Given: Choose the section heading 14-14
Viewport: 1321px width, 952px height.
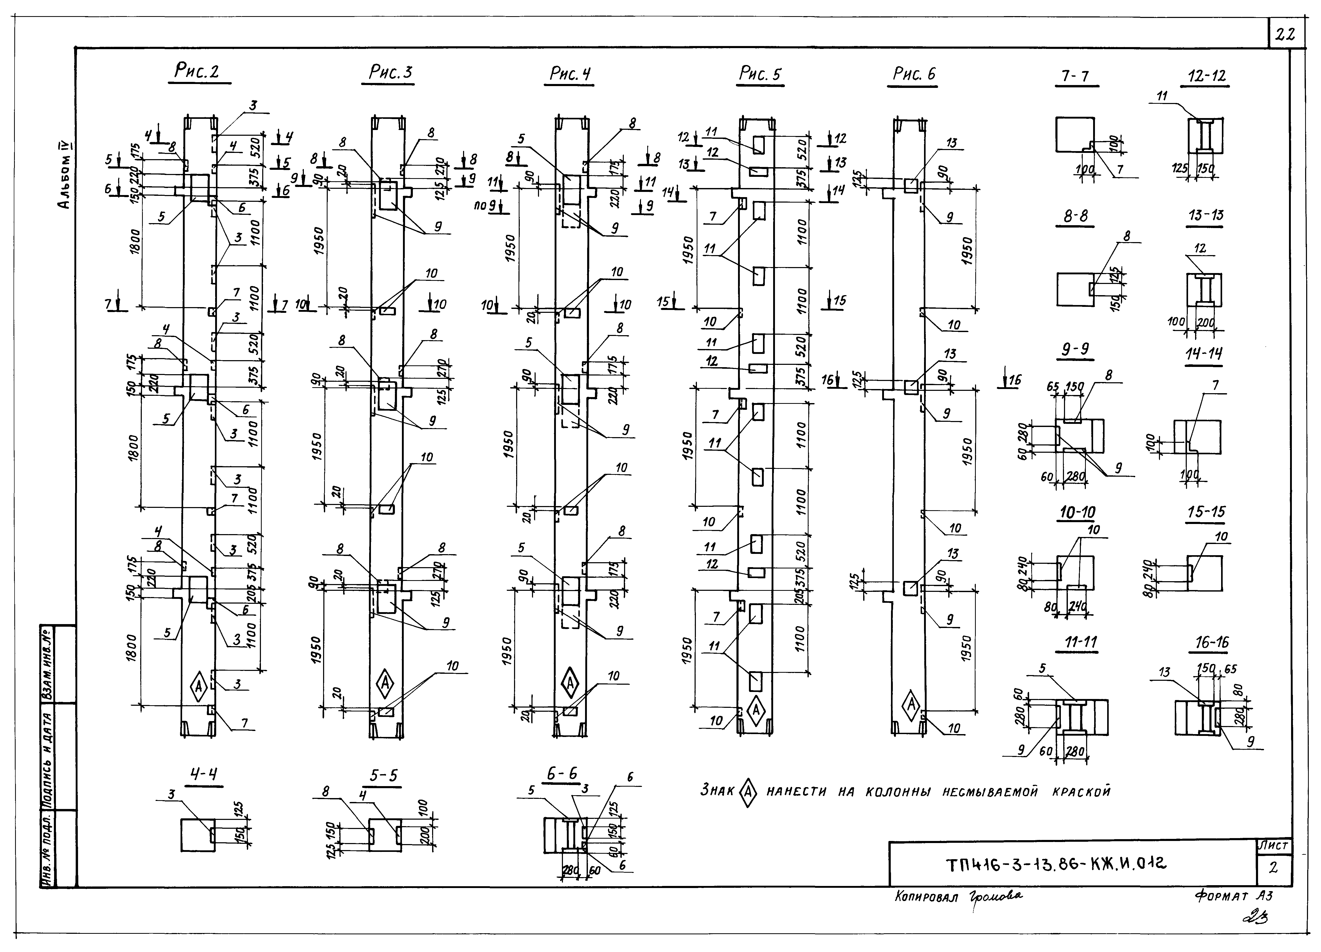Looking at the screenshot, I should click(1204, 354).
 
